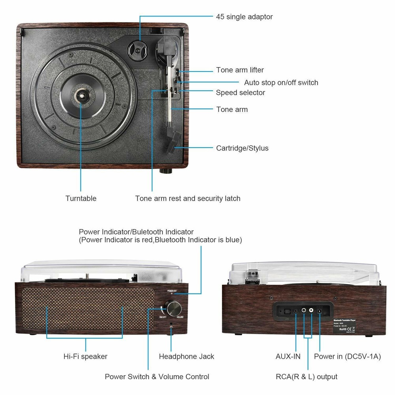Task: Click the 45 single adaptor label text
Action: coord(244,17)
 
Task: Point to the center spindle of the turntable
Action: coord(81,95)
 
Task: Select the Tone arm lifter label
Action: coord(240,70)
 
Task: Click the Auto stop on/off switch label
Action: coord(281,83)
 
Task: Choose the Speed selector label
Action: coord(240,92)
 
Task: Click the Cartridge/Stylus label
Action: coord(242,148)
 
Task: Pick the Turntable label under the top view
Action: coord(81,198)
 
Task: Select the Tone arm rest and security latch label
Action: coord(188,198)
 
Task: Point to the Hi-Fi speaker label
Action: coord(85,356)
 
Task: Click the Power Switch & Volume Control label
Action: coord(157,376)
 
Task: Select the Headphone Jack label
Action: coord(186,356)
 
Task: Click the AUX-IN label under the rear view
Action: coord(288,356)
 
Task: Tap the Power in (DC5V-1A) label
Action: coord(347,356)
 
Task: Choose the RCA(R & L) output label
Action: coord(307,376)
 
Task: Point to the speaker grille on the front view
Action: coord(87,308)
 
